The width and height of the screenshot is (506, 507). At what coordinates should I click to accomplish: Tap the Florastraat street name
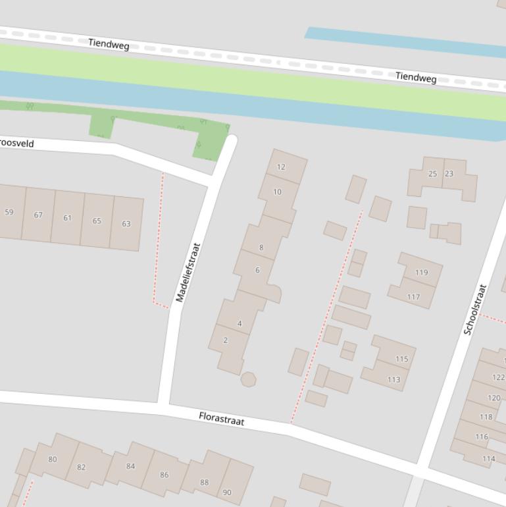222,419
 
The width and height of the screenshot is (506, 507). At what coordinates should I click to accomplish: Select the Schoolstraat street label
475,309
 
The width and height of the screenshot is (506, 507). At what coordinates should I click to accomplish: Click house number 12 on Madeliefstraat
282,167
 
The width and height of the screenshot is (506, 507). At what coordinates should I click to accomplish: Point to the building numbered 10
277,192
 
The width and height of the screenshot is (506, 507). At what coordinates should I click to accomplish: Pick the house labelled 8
261,248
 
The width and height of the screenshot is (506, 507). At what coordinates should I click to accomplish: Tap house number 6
257,270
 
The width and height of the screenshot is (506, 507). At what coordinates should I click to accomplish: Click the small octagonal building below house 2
248,379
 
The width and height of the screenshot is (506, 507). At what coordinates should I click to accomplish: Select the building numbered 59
9,212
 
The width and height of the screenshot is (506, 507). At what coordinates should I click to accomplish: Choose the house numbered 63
126,224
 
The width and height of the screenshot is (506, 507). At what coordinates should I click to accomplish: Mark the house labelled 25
432,174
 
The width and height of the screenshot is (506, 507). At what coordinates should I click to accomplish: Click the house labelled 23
449,174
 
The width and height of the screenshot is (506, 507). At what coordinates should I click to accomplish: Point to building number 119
421,272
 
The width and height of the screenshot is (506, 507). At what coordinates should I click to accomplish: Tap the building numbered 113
393,379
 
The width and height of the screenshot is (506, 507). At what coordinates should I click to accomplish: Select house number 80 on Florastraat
53,459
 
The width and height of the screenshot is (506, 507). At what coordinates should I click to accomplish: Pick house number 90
227,492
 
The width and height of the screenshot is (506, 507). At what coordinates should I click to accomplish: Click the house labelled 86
164,474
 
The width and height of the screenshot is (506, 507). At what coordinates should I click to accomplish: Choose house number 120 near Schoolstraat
493,398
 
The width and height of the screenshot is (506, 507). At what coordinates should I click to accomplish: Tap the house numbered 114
488,459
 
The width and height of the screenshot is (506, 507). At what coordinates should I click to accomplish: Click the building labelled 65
97,221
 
